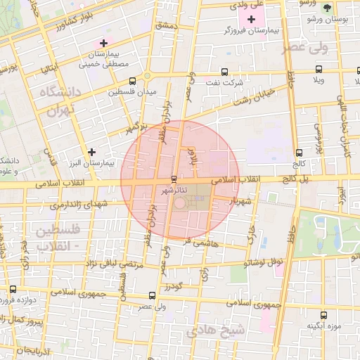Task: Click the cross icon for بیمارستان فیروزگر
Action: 252,18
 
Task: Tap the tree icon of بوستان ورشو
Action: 327,8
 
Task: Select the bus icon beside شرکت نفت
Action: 224,71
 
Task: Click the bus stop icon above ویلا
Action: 319,70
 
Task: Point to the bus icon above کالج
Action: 300,152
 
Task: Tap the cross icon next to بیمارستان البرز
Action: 91,152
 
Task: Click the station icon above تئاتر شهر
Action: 174,179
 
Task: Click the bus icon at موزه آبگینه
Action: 323,316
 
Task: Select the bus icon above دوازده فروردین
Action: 13,289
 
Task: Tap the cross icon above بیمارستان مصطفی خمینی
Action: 103,43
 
